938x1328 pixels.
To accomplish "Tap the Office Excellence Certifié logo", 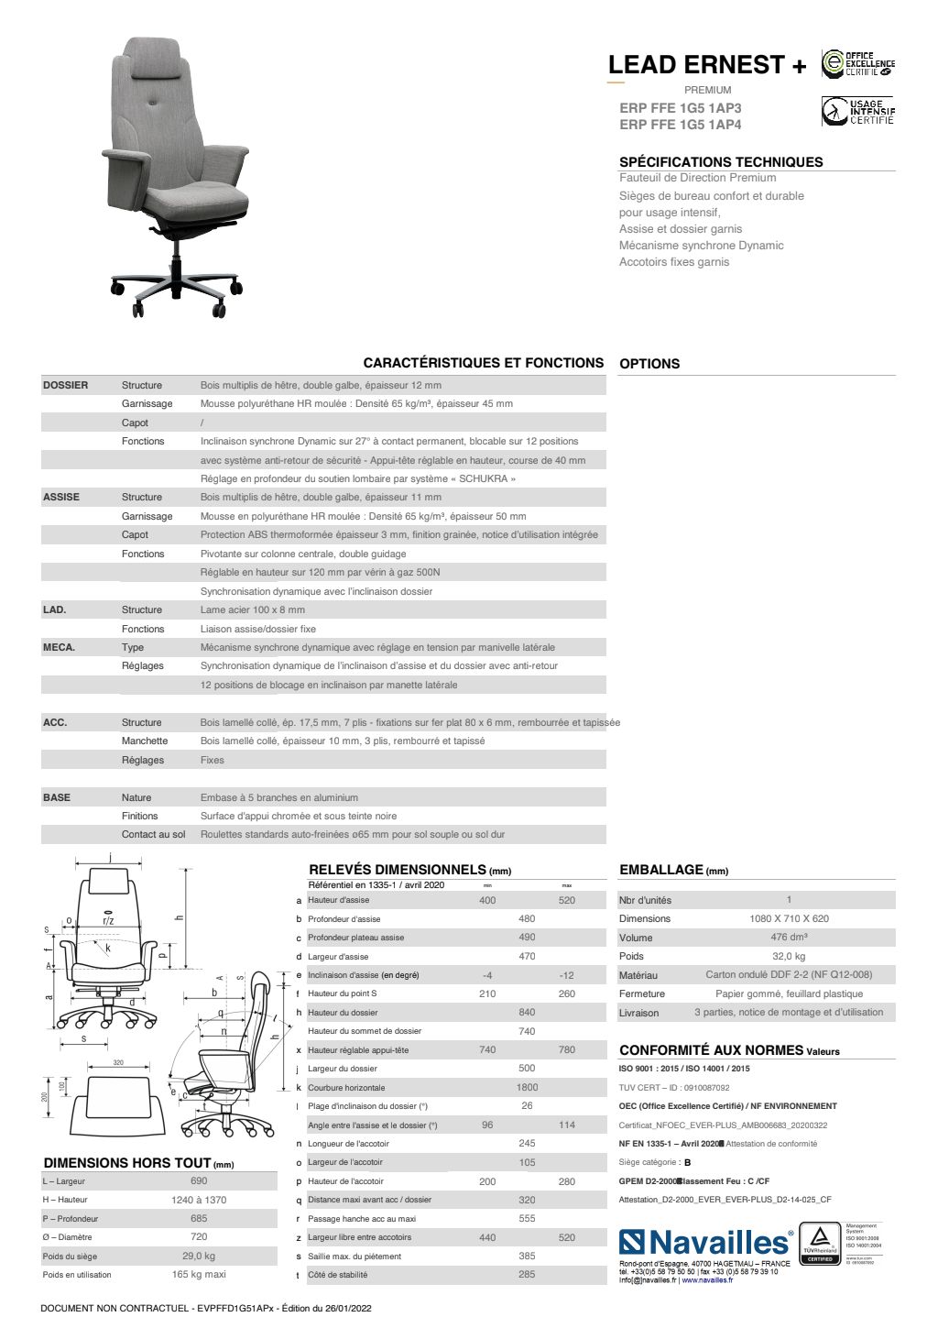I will [x=857, y=63].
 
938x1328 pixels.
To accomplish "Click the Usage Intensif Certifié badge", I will [x=857, y=111].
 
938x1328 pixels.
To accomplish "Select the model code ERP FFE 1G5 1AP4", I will [x=681, y=125].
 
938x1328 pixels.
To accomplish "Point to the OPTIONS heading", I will [x=649, y=364].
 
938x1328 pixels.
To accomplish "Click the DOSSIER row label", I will [x=66, y=385].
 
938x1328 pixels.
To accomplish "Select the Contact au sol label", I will [x=153, y=834].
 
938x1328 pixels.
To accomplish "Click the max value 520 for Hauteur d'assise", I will [x=567, y=900].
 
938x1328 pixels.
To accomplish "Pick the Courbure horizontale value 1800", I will [x=527, y=1087].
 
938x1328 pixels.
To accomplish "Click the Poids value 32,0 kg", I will [x=789, y=956].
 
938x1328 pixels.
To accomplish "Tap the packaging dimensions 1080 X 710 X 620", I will [x=789, y=918].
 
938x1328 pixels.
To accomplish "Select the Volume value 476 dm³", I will [x=789, y=937].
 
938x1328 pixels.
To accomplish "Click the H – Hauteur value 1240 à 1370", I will [x=199, y=1200].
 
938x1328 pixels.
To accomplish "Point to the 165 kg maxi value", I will [x=199, y=1274].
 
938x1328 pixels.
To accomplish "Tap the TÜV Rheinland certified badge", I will [x=820, y=1243].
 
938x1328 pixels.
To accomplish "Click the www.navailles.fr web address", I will [x=707, y=1280].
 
